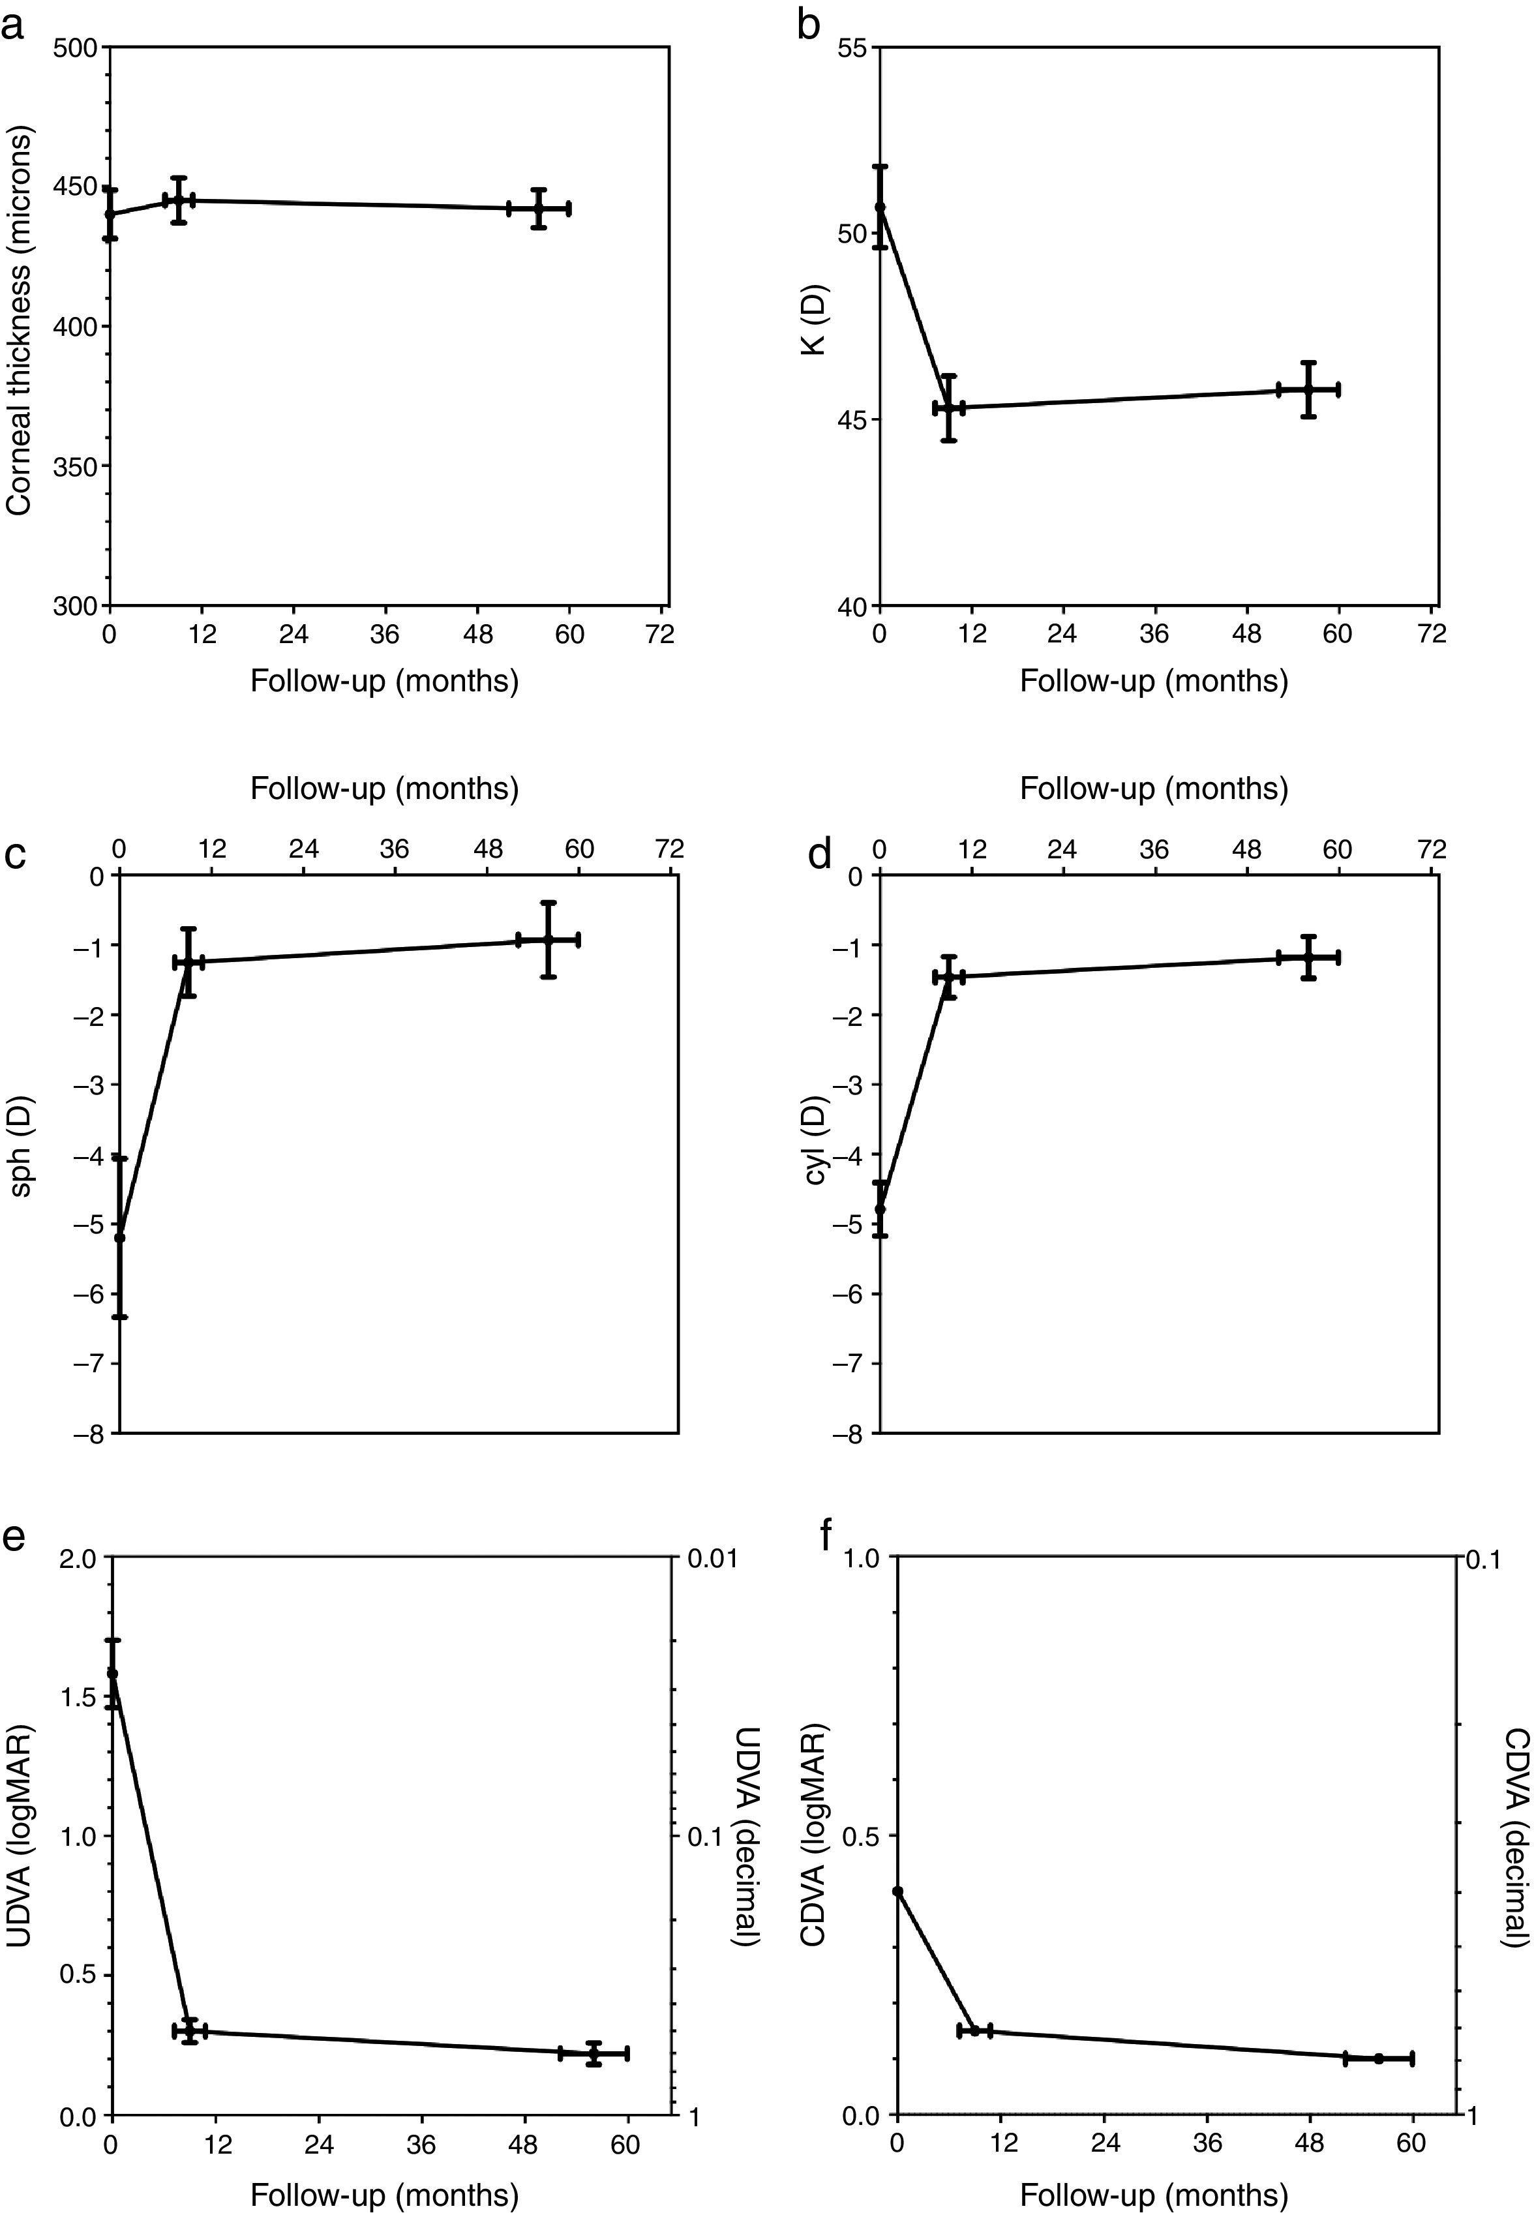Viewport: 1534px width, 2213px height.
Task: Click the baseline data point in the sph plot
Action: point(119,1238)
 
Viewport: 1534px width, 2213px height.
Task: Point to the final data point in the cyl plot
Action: point(1308,957)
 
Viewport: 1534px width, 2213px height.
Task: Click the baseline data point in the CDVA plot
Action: point(897,1811)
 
